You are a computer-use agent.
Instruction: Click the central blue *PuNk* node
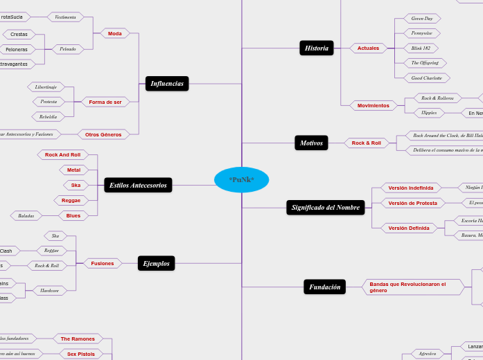click(241, 180)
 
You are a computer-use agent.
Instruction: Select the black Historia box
click(317, 48)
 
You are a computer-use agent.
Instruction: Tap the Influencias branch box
click(167, 84)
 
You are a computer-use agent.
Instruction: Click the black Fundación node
click(324, 287)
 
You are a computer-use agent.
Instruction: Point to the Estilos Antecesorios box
click(138, 185)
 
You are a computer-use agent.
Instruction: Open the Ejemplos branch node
click(156, 263)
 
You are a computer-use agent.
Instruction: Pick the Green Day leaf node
click(422, 19)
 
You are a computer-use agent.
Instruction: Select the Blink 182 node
click(421, 48)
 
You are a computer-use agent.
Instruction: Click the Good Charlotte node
click(427, 78)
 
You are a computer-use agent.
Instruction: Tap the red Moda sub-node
click(115, 33)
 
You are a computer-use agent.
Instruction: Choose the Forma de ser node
click(105, 102)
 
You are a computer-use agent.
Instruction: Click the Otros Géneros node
click(103, 134)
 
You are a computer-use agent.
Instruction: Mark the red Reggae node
click(71, 200)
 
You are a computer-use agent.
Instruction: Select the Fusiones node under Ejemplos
click(103, 263)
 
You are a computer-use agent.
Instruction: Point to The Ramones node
click(78, 339)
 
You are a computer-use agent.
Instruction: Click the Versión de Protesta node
click(412, 203)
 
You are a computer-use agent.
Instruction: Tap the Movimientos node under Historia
click(374, 105)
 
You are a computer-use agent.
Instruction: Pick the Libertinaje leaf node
click(46, 87)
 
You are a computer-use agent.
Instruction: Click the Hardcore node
click(50, 291)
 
